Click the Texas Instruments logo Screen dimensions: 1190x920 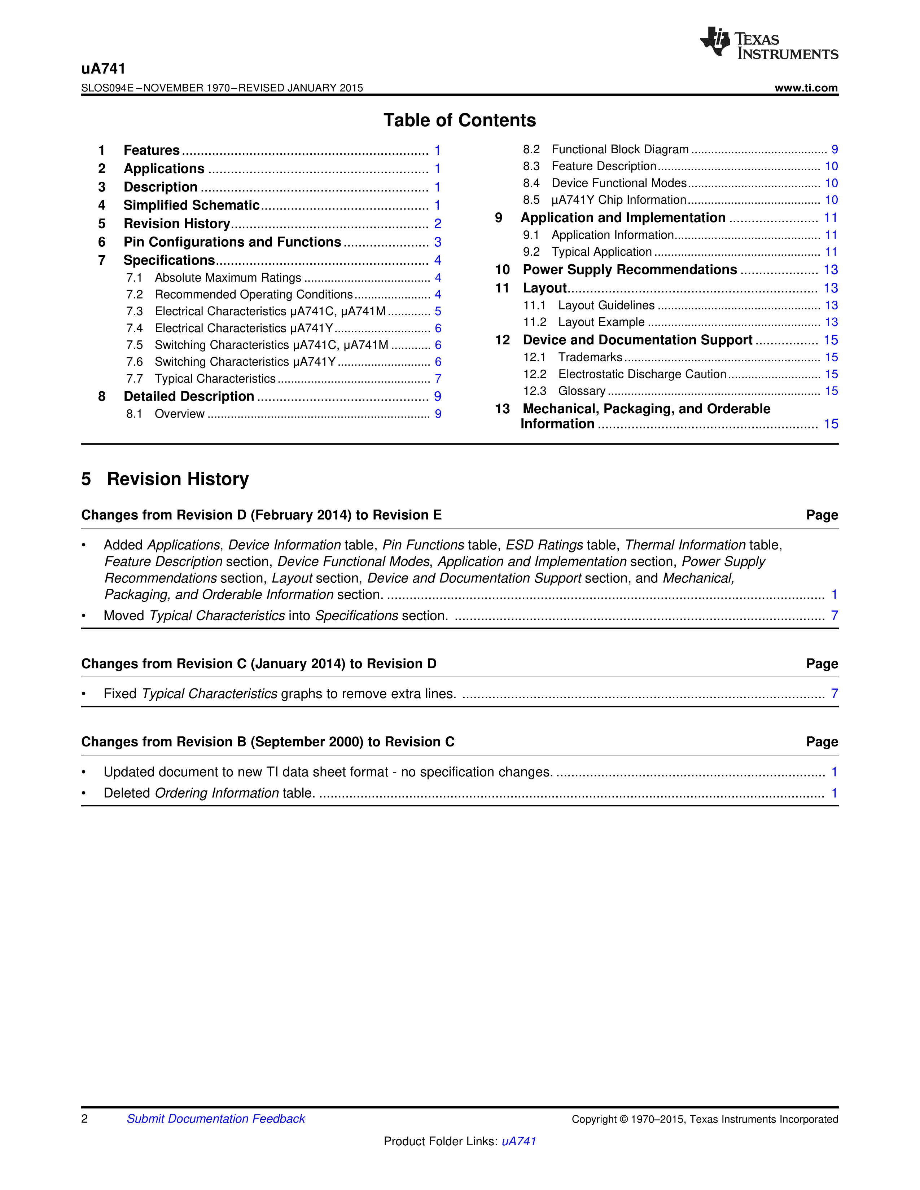768,43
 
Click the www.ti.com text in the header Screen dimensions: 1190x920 806,88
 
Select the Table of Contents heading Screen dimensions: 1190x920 459,120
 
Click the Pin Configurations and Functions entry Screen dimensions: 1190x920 232,242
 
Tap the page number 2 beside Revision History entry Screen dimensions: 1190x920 438,224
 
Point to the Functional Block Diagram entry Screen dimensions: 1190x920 620,149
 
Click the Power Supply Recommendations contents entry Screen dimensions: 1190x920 630,270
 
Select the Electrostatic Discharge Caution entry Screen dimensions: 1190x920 642,374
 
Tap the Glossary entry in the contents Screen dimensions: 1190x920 582,391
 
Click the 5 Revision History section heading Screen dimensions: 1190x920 165,479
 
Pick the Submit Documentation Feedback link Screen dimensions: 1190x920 216,1119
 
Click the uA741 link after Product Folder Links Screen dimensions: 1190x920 519,1141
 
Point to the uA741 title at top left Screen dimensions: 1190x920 104,69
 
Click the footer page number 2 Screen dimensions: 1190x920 84,1119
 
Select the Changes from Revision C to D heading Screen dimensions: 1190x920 259,664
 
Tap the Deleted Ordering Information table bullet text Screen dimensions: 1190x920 209,793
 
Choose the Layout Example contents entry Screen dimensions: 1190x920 601,323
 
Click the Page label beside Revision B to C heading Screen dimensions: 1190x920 822,742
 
